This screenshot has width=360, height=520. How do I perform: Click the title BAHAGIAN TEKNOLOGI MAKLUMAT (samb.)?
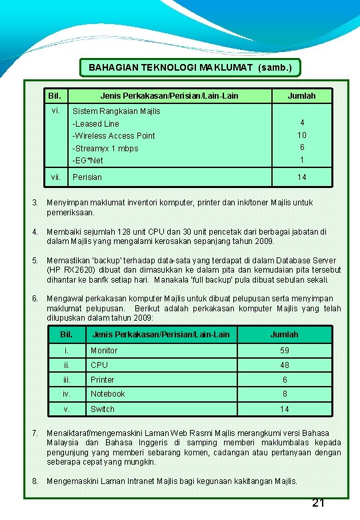click(190, 67)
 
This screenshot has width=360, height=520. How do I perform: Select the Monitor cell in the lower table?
click(104, 351)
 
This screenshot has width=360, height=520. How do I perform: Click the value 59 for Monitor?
click(285, 351)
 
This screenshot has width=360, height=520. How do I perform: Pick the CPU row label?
click(99, 365)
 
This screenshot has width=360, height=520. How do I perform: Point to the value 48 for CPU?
click(285, 365)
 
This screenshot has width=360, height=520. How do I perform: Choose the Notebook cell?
click(108, 394)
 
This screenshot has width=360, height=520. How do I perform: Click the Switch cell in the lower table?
click(103, 409)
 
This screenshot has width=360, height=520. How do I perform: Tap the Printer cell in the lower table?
click(103, 380)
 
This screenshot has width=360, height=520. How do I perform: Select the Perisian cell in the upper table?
click(87, 177)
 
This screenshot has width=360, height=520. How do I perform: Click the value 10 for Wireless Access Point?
click(301, 135)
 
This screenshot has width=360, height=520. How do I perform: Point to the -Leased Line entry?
click(96, 123)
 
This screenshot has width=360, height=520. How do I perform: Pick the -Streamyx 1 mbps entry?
click(105, 148)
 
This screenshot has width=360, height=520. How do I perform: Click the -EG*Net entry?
click(88, 161)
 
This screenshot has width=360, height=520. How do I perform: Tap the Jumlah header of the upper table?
click(301, 96)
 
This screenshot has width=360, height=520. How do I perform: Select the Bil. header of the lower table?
click(67, 334)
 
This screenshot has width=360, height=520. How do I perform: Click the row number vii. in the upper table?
click(56, 177)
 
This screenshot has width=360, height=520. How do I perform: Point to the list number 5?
click(34, 261)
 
